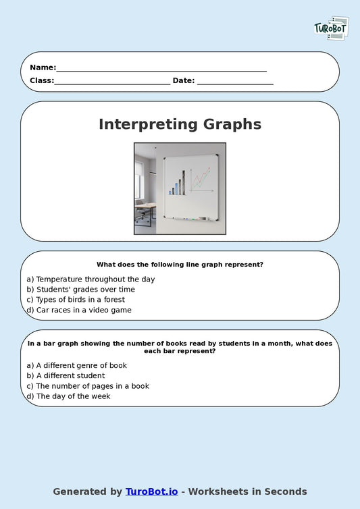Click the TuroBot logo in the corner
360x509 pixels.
pos(331,28)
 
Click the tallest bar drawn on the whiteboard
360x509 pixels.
pos(182,182)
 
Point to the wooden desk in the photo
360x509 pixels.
pos(145,206)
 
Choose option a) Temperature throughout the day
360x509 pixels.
pos(91,279)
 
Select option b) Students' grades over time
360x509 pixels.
pos(80,289)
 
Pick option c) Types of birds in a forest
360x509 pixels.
pos(76,300)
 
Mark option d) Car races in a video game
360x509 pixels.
pos(79,310)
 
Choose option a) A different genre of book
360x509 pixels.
pos(76,365)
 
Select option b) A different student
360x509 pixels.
pos(66,375)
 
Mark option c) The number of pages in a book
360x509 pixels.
pos(88,386)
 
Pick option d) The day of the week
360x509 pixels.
pos(68,396)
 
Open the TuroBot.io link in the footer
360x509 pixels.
pos(151,491)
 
